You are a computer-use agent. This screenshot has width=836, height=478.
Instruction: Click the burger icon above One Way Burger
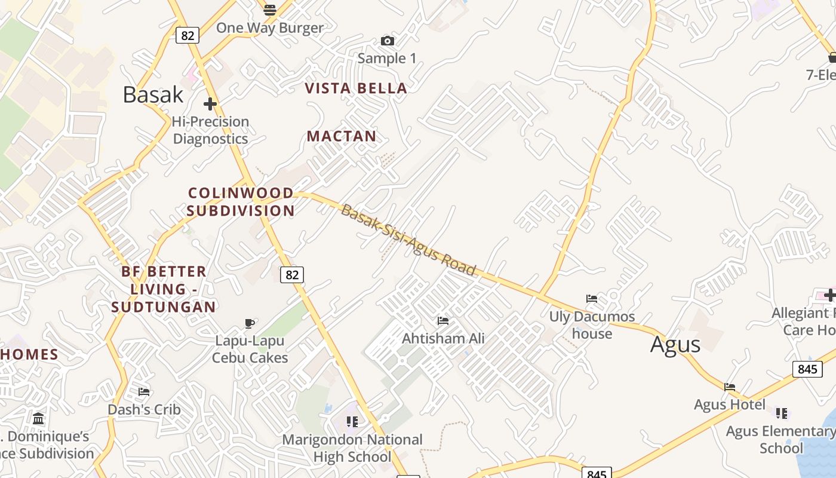pos(270,10)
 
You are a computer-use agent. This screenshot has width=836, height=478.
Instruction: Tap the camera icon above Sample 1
pos(388,41)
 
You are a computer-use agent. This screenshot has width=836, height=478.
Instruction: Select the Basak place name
pos(153,94)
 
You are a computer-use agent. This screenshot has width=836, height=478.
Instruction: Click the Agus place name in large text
pos(675,345)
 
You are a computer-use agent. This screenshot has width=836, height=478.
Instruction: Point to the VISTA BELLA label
pos(356,88)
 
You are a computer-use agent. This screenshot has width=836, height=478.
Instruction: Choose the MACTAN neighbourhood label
pos(342,136)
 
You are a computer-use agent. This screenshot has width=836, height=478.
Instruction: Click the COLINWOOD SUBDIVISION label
pos(241,202)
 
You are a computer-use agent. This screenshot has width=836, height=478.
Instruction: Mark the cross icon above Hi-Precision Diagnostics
pos(210,104)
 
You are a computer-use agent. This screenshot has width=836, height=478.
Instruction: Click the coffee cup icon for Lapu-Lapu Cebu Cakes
pos(250,323)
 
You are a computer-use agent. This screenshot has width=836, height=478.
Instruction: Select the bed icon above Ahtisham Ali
pos(442,321)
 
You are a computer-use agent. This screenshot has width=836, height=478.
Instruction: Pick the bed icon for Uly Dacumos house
pos(591,298)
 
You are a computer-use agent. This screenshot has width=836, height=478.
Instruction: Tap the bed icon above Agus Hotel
pos(729,387)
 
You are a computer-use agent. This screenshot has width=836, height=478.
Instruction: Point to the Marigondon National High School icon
pos(352,422)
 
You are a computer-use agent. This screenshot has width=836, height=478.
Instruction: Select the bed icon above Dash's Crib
pos(144,392)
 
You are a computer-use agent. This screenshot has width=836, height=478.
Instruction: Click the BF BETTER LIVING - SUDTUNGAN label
pos(164,289)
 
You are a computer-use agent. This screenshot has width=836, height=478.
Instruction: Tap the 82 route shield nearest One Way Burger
pos(187,35)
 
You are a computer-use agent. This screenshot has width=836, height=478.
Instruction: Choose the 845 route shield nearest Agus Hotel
pos(807,369)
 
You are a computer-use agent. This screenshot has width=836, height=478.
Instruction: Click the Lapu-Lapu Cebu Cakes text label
pos(250,349)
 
